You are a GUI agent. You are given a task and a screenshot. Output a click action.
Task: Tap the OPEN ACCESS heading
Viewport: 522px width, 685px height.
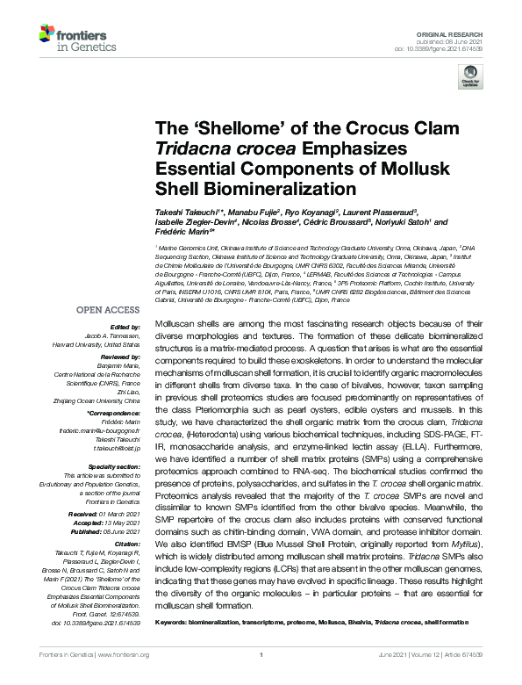click(x=109, y=309)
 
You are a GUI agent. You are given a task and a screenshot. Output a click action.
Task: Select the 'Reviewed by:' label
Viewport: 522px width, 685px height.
click(x=119, y=358)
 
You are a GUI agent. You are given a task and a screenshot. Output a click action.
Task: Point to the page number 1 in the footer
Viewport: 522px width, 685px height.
click(x=261, y=679)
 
